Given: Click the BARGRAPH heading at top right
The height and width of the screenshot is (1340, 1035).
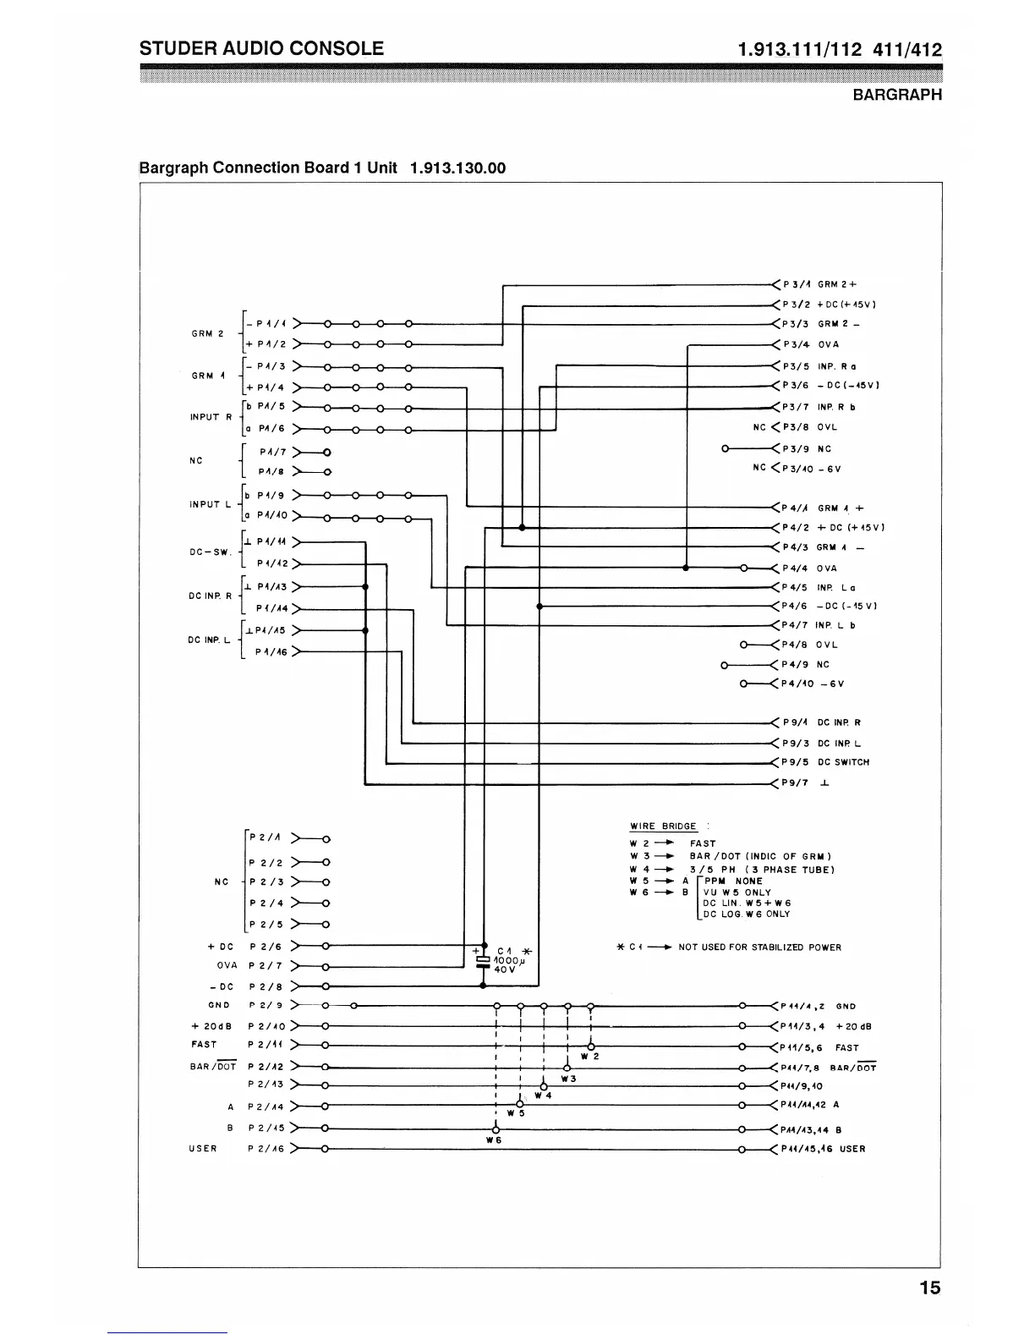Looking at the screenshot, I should point(896,95).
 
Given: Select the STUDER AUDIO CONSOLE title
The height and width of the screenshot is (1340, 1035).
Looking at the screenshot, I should point(261,48).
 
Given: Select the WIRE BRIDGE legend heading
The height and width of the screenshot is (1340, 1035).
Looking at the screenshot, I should point(664,827).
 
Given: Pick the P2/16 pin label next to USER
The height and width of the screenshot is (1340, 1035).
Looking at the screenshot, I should point(266,1149).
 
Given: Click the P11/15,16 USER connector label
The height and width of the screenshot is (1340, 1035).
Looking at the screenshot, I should point(822,1149).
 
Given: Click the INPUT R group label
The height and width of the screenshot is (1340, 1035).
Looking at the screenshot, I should point(211,417).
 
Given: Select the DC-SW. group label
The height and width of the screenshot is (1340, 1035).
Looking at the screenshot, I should point(211,552).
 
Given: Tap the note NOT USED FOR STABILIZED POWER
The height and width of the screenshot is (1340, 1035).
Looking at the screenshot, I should point(759,947).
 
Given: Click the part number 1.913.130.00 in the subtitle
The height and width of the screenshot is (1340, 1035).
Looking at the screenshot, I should point(457,167).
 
